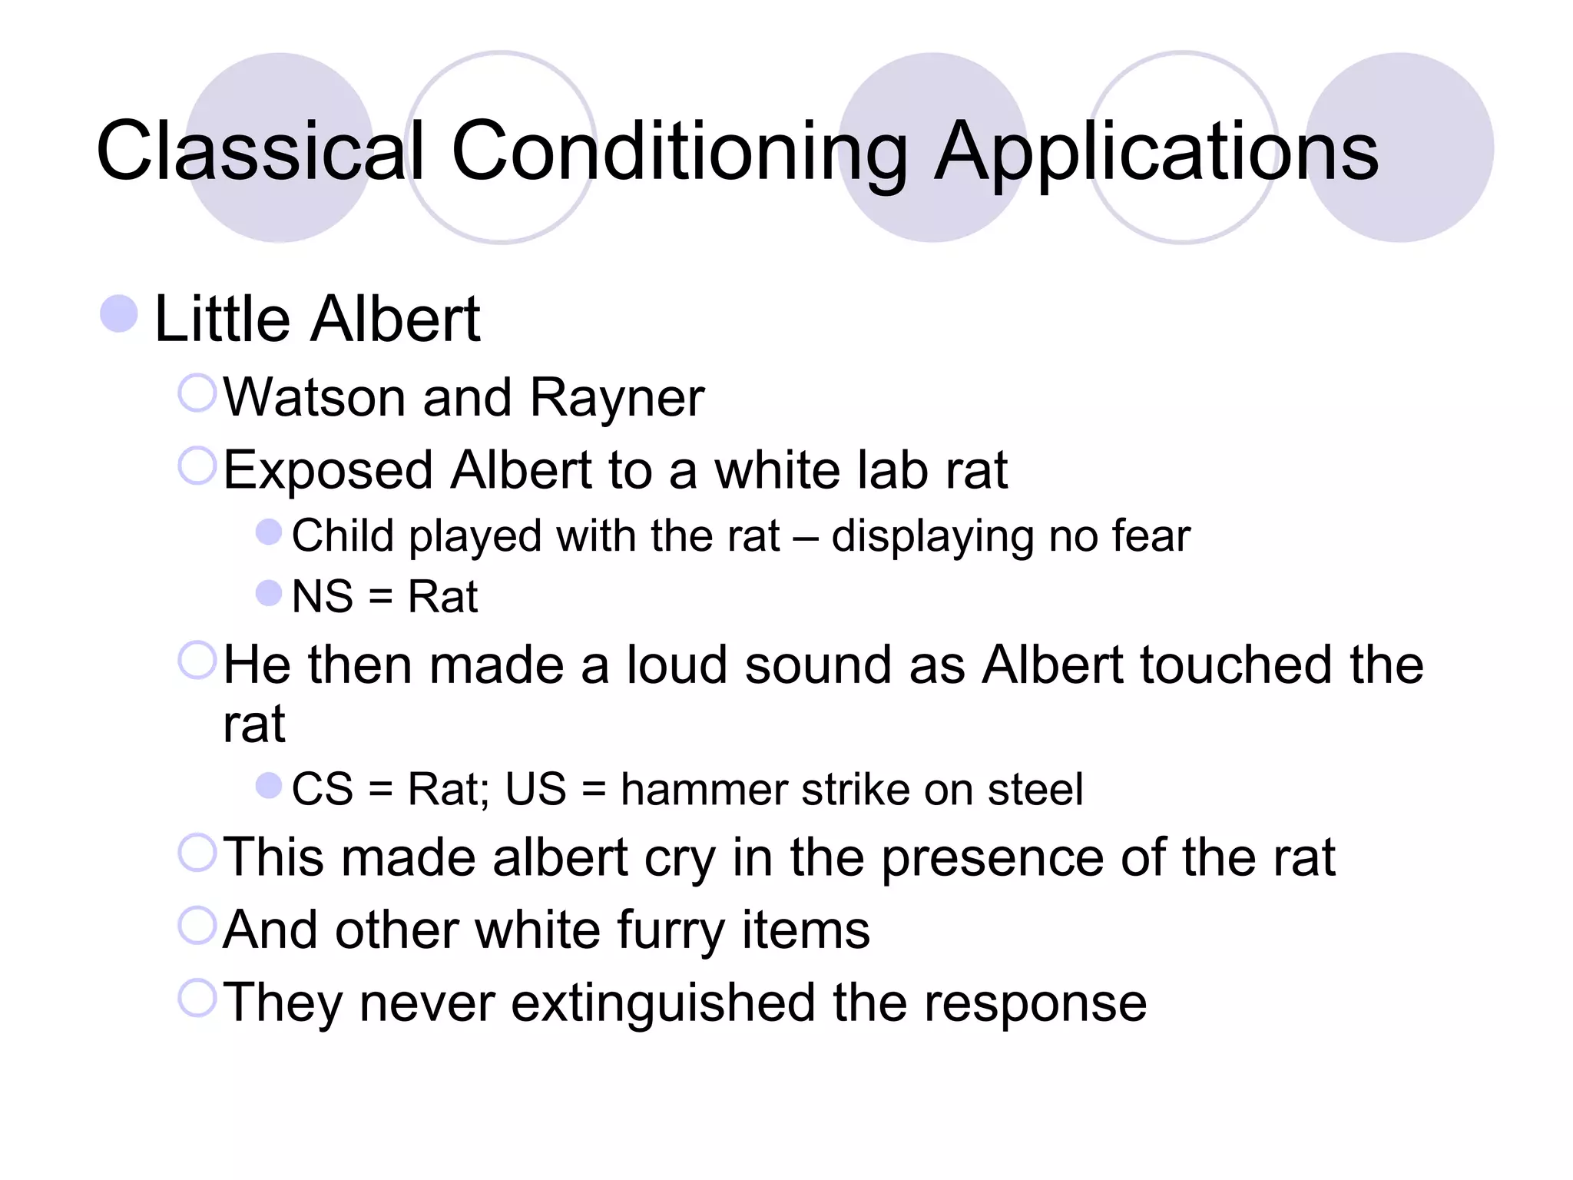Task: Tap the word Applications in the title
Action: tap(1156, 151)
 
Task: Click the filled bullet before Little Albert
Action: tap(119, 314)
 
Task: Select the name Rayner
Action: tap(617, 398)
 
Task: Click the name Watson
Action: tap(314, 398)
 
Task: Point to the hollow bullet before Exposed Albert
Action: tap(197, 466)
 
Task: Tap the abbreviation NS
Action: tap(323, 597)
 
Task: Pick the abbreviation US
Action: tap(535, 789)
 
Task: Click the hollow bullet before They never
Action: tap(197, 998)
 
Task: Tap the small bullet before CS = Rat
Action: tap(268, 785)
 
